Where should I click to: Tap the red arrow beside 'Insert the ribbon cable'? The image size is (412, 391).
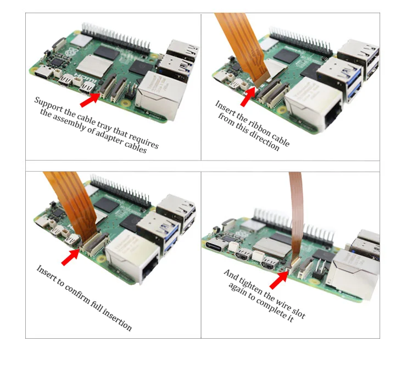[248, 96]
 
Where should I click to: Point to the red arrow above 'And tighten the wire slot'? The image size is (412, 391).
[280, 278]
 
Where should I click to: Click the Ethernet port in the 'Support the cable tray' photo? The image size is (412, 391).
[157, 96]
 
